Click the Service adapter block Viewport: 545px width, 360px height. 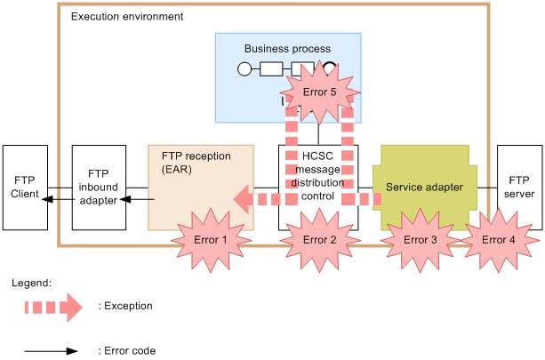424,188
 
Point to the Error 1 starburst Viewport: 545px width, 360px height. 212,239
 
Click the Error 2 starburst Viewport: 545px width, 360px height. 319,239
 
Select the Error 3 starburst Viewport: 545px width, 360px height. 421,239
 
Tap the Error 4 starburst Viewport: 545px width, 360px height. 498,239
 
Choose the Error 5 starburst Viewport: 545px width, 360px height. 320,92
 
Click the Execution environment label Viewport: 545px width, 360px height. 126,17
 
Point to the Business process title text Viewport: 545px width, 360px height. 287,49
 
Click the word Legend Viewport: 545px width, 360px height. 31,283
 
